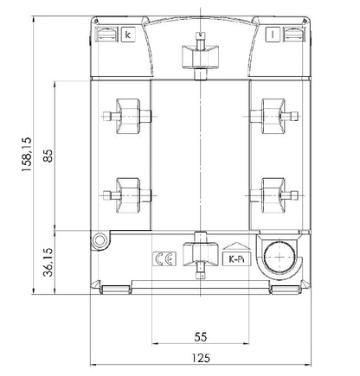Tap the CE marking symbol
[x=161, y=258]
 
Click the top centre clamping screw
[x=201, y=52]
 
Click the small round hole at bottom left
[x=100, y=240]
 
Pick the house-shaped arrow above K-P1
[x=234, y=245]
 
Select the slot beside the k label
[x=106, y=35]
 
